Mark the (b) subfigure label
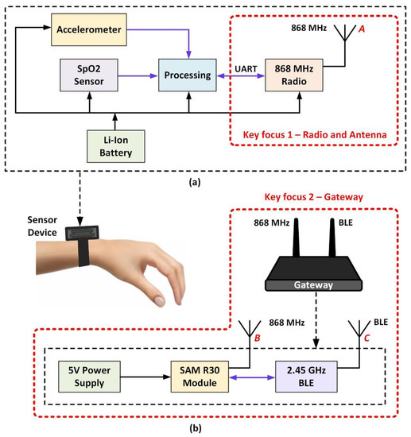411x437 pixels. (x=205, y=427)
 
